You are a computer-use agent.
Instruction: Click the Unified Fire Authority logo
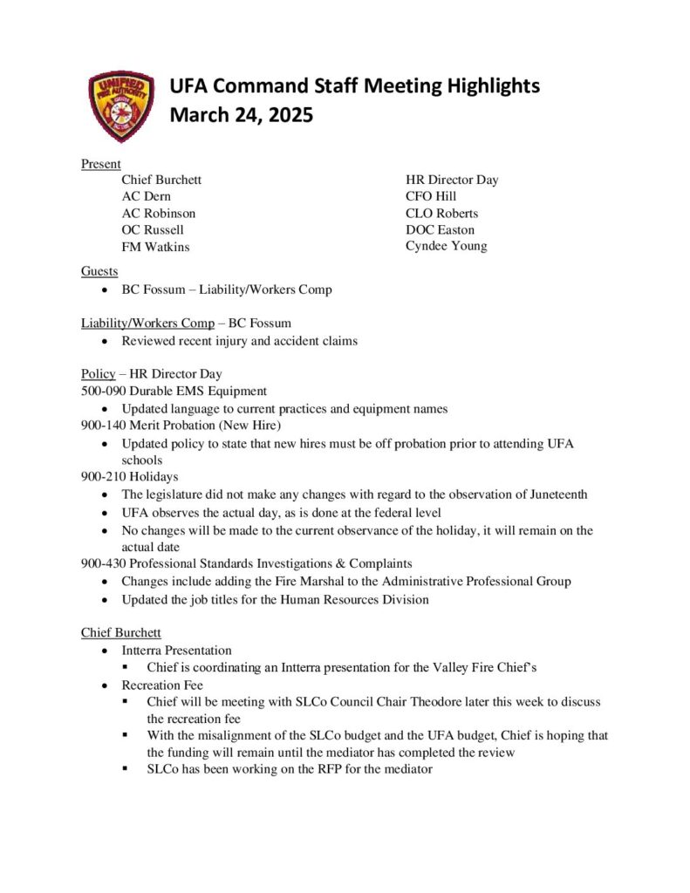point(122,106)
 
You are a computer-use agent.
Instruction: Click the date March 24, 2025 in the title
point(241,115)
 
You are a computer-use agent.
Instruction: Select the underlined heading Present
point(100,163)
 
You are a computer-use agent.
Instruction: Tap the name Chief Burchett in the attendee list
point(161,180)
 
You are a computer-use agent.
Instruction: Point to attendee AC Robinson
point(158,213)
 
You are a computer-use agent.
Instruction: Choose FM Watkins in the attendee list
point(155,247)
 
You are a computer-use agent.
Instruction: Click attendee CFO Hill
point(431,196)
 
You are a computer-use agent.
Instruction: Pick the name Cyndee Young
point(446,246)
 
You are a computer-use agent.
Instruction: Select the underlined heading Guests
point(99,271)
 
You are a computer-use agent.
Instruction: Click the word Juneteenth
point(555,494)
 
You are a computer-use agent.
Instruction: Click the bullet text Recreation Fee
point(163,685)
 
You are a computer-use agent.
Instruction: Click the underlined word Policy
point(98,374)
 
